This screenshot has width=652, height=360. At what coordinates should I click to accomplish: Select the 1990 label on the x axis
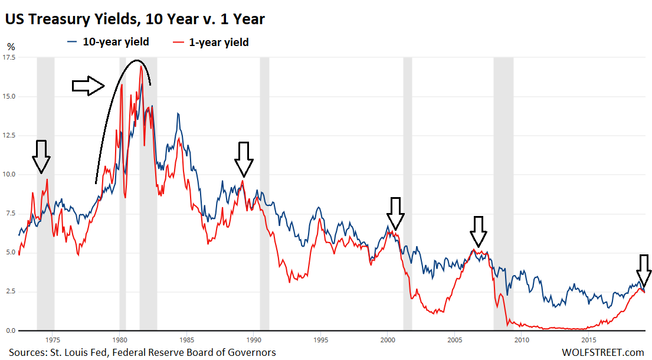[254, 340]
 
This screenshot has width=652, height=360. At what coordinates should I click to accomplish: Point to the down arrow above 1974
[41, 156]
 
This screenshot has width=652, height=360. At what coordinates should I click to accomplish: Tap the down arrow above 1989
[244, 159]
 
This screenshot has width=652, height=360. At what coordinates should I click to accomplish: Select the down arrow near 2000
[395, 214]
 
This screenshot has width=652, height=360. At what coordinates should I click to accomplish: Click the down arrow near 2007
[479, 231]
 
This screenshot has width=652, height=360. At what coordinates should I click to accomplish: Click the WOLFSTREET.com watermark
[604, 352]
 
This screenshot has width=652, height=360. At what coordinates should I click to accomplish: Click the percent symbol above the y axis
[11, 46]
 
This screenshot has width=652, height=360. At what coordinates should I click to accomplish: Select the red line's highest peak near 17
[140, 66]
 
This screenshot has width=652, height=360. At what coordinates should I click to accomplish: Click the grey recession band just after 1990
[264, 195]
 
